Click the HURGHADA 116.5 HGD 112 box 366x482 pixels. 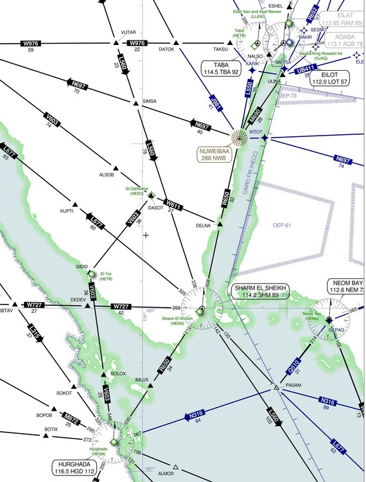point(74,467)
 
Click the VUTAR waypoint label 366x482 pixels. point(128,32)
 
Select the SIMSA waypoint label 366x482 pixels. point(149,102)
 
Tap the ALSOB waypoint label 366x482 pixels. point(106,175)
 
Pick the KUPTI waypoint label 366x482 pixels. point(67,211)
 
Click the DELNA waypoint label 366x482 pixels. point(204,226)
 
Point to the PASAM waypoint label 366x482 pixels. point(293,385)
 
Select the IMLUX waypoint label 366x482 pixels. point(142,380)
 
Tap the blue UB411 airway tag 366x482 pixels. point(306,69)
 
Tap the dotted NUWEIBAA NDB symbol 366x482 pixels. point(240,136)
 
